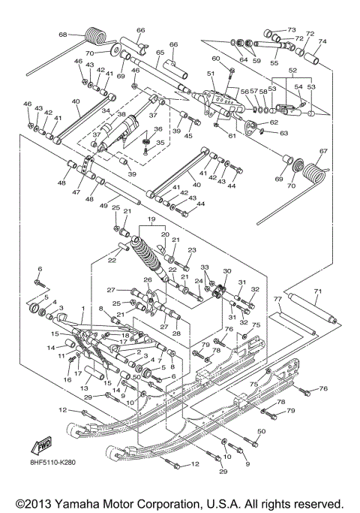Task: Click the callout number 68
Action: coord(63,35)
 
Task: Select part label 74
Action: coord(322,41)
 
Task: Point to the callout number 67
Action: coord(323,151)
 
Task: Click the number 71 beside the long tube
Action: coord(316,291)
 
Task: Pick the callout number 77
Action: coord(277,300)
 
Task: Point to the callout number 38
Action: coord(121,113)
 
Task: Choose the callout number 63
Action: coord(284,133)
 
